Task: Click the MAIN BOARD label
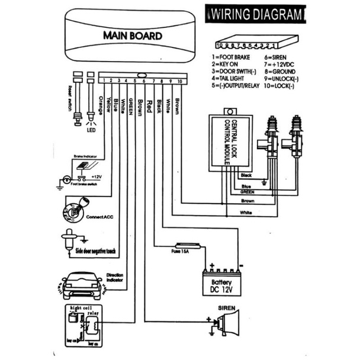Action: coord(132,36)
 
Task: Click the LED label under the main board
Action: coord(91,129)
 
